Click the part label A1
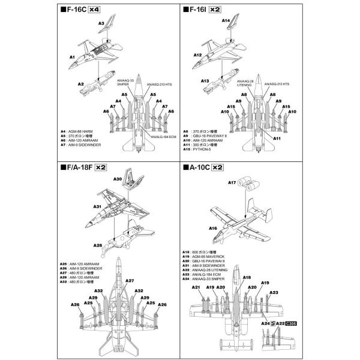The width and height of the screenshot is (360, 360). [72, 57]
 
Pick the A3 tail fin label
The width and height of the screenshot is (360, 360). [102, 23]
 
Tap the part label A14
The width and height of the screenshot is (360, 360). [226, 21]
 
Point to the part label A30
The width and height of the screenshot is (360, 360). [117, 179]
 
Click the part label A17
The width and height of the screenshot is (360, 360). [232, 182]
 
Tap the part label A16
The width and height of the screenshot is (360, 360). [212, 229]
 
